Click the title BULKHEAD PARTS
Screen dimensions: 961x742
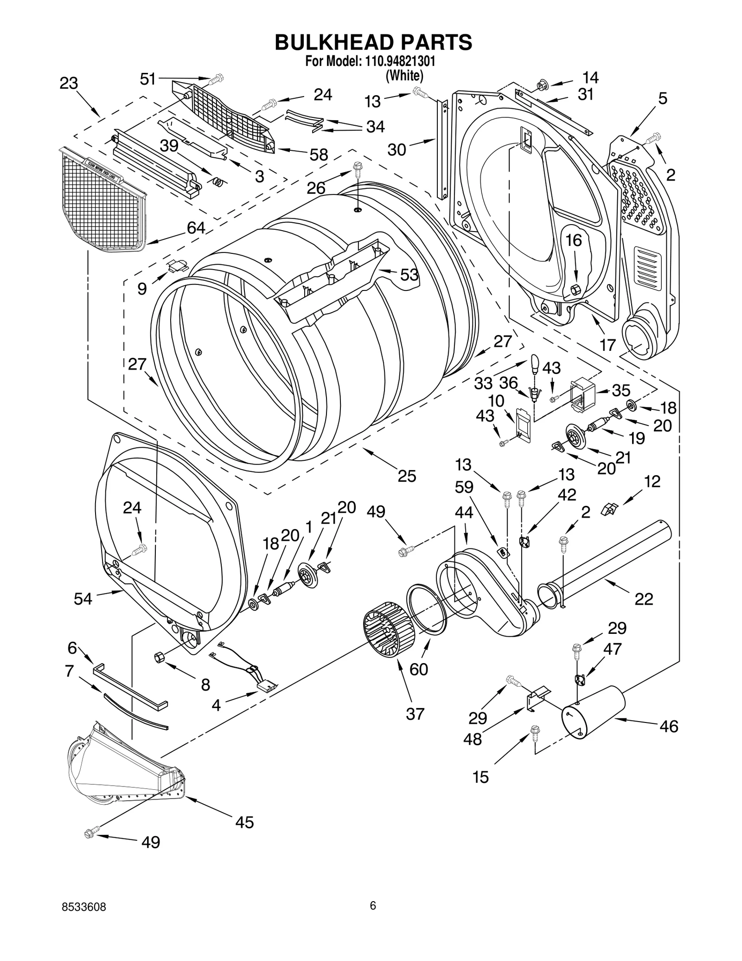(x=373, y=42)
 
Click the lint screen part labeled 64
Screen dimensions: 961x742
(x=102, y=200)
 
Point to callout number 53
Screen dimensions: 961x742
(x=409, y=275)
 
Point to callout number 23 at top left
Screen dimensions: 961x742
(x=69, y=84)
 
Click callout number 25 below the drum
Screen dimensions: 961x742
(x=407, y=476)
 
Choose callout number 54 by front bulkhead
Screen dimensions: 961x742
(x=83, y=599)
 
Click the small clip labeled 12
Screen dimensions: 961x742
(x=607, y=510)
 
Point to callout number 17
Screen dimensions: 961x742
(x=607, y=345)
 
